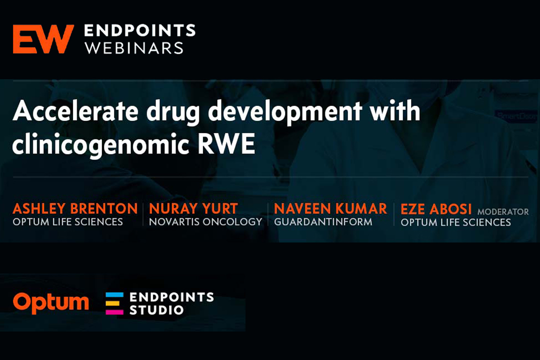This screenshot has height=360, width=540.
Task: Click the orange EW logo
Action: tap(43, 39)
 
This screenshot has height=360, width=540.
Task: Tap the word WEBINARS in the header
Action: tap(134, 48)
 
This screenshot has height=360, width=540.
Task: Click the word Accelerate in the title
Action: tap(75, 111)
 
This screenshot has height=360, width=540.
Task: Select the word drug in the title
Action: tap(173, 113)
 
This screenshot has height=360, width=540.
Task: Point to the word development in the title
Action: tap(285, 113)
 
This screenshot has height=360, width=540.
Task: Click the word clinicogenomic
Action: tap(100, 144)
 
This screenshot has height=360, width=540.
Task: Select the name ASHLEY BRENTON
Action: tap(75, 208)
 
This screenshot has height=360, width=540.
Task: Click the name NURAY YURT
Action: tap(193, 208)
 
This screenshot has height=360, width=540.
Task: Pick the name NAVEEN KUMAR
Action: tap(330, 208)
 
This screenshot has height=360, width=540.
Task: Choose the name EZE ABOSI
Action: tap(436, 209)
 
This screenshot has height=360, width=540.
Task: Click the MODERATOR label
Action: tap(503, 211)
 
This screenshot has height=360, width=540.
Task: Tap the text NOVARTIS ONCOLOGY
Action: tap(205, 222)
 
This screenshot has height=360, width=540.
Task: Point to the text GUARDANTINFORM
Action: tap(323, 222)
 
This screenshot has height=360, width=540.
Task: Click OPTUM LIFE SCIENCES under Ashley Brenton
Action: tap(68, 222)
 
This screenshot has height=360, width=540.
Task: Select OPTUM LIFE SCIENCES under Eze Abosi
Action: tap(455, 222)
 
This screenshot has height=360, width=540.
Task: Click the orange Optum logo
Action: tap(51, 303)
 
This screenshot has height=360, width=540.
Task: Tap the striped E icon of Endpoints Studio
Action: tap(114, 303)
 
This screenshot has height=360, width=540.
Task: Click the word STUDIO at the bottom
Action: tap(156, 310)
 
